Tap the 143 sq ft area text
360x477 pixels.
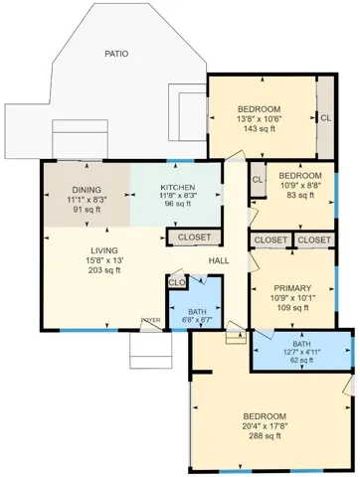[x=259, y=129]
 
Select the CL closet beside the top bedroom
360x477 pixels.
[x=325, y=117]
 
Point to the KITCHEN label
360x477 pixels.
[x=177, y=188]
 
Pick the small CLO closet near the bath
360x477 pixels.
[x=177, y=283]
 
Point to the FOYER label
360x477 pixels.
[x=150, y=321]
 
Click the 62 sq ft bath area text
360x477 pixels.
[x=301, y=362]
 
